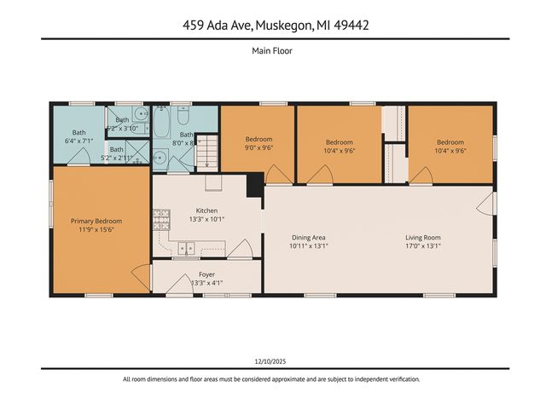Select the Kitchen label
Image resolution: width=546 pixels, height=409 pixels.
206,210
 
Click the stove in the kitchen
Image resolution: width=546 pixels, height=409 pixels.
158,222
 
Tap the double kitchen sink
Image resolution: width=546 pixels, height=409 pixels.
185,248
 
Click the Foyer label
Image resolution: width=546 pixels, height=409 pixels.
206,274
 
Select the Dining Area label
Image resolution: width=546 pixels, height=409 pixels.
309,238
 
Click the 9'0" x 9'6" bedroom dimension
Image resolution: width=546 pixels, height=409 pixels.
258,148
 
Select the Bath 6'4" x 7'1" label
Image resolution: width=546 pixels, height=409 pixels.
78,136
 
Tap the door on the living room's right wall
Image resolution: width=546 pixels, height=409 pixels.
485,203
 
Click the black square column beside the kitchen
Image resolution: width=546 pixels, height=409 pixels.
254,186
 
